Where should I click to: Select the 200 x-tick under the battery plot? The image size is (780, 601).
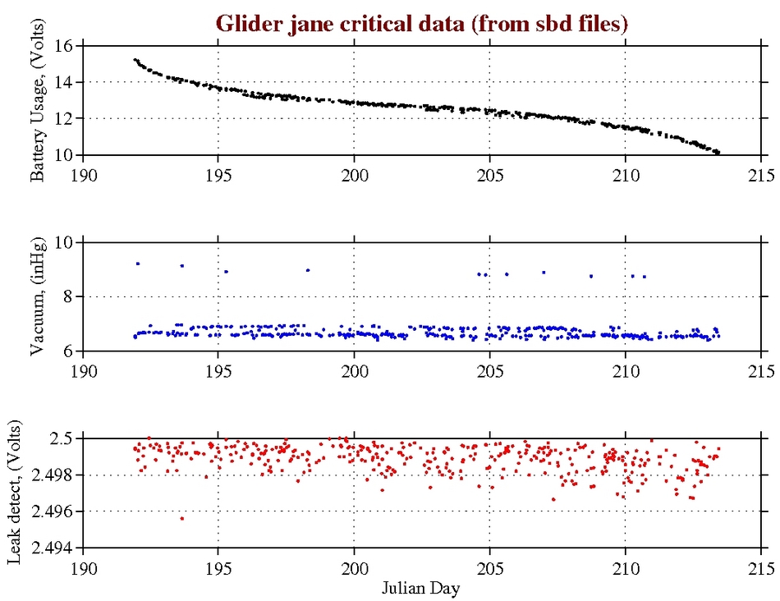[x=354, y=176]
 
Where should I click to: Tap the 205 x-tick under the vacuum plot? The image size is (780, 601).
[x=489, y=371]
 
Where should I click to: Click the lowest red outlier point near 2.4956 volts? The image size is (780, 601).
[x=181, y=518]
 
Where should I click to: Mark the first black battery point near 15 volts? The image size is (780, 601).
[x=135, y=60]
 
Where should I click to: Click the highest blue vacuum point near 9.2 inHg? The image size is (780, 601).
[x=138, y=264]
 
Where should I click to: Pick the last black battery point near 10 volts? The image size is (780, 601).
[x=718, y=153]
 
